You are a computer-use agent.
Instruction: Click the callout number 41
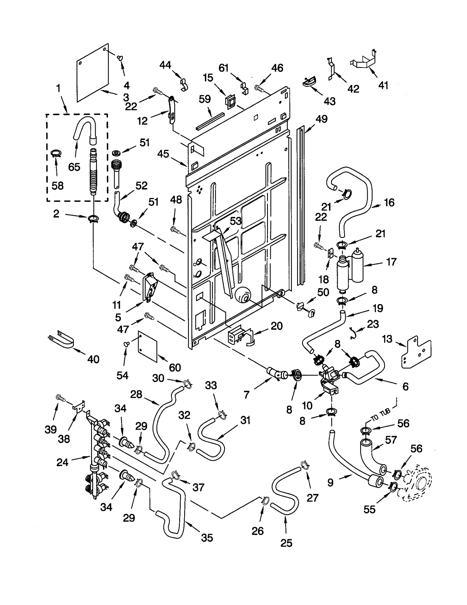tap(383, 85)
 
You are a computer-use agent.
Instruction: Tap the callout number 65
tap(74, 167)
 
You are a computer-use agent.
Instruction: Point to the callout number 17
tap(391, 262)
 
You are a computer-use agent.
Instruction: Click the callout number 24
tap(62, 462)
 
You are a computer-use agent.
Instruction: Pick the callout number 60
tap(175, 367)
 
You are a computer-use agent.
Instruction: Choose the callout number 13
tap(387, 339)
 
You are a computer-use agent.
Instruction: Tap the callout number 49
tap(321, 119)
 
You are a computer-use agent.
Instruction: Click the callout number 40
tap(93, 359)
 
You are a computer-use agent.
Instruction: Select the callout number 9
tap(330, 483)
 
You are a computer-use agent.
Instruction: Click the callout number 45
tap(163, 154)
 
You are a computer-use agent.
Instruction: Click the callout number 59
tap(205, 99)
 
